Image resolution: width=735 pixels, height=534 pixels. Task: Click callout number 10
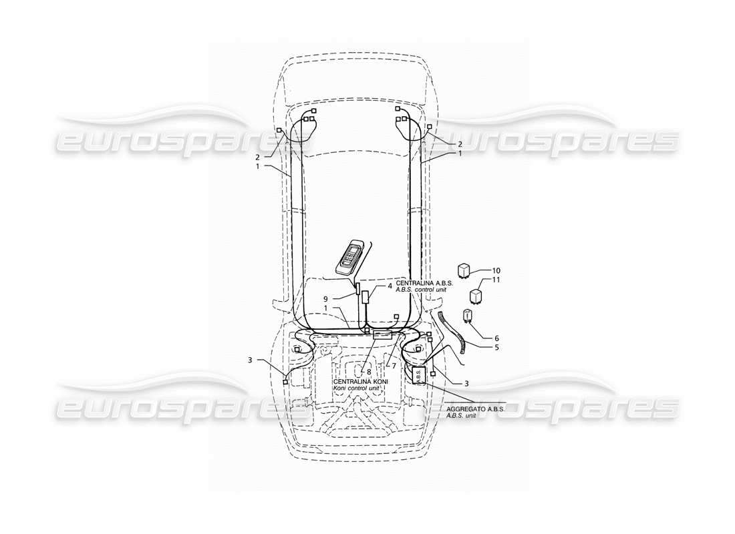[x=496, y=271]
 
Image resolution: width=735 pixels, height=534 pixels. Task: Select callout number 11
[x=496, y=280]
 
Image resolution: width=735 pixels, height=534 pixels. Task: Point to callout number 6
[x=496, y=338]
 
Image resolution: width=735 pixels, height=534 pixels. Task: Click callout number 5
[x=496, y=348]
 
